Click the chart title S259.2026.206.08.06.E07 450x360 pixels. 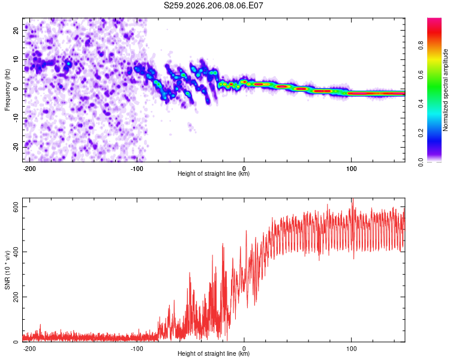pos(213,5)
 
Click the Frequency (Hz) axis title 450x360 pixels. pos(7,90)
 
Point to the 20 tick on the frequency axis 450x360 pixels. pos(16,31)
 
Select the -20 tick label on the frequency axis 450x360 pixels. pos(16,148)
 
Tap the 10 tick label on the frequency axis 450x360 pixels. pos(16,60)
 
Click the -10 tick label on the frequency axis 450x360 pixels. pos(16,118)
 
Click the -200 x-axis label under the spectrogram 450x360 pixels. pos(29,169)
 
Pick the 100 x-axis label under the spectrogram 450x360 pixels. pos(351,169)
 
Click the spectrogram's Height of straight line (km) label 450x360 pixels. pos(214,173)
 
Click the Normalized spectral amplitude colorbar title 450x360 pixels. pos(445,90)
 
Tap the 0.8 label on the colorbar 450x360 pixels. pos(421,46)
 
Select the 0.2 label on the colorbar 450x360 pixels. pos(421,133)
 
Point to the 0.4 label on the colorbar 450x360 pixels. pos(421,104)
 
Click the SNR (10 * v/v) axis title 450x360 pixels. pos(7,270)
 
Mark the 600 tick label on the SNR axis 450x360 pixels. pos(16,207)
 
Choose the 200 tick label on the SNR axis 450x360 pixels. pos(16,297)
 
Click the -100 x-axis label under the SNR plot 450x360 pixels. pos(137,349)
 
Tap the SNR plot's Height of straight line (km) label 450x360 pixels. pos(214,353)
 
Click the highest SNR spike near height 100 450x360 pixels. pos(353,199)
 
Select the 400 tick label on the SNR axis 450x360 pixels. pos(16,252)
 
